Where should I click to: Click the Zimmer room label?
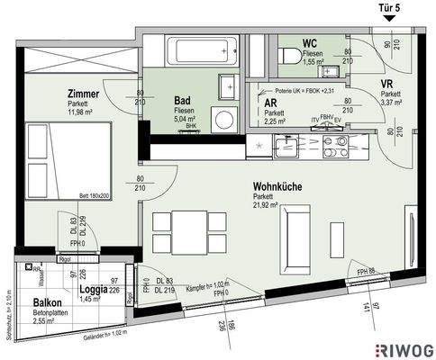pyautogui.click(x=83, y=93)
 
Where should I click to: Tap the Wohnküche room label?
pyautogui.click(x=277, y=187)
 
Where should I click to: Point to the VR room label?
pyautogui.click(x=391, y=83)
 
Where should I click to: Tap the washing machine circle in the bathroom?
pyautogui.click(x=222, y=117)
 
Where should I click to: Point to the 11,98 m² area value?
pyautogui.click(x=83, y=112)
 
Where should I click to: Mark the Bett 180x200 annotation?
pyautogui.click(x=94, y=194)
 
